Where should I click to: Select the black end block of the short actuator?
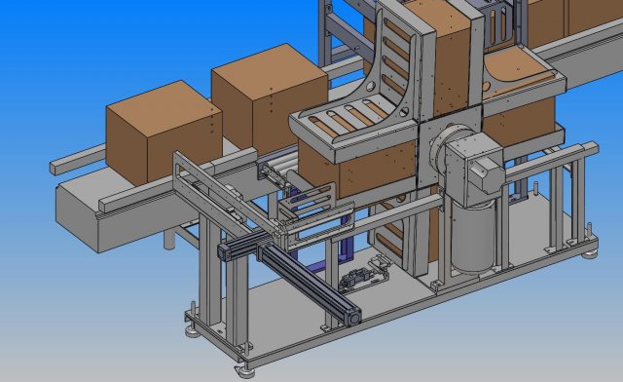[223, 251]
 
